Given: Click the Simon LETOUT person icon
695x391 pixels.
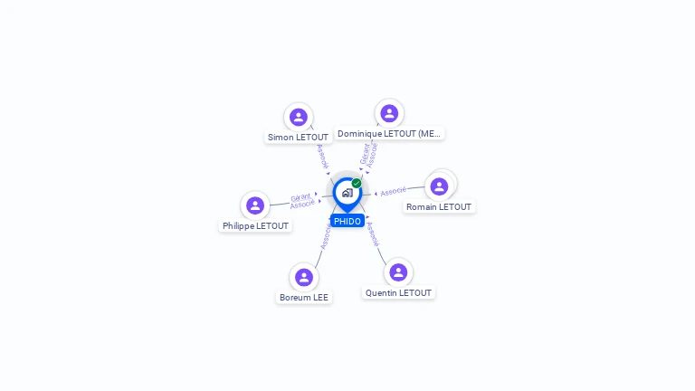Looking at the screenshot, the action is coord(299,117).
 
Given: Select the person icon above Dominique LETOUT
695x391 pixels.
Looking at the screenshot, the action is coord(389,113).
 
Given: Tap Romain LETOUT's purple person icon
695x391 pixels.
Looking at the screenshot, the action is coord(439,186).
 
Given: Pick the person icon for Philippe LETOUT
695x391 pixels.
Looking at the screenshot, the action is coord(255,205).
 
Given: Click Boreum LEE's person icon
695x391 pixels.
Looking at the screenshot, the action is coord(303,277).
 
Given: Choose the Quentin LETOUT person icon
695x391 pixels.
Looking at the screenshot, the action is coord(398,272).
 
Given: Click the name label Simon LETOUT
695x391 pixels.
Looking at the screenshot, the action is coord(299,138).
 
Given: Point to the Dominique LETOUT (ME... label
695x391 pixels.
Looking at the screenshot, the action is coord(389,134).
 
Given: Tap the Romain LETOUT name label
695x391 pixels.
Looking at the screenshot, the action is coord(439,207).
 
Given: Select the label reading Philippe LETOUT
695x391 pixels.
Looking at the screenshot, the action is coord(256,226).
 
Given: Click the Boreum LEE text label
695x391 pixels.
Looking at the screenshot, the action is coord(304,298).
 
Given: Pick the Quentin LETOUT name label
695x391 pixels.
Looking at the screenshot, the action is coord(398,293).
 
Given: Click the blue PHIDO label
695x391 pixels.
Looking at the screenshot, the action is coord(347,221).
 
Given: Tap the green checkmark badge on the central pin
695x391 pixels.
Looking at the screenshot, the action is coord(357,184).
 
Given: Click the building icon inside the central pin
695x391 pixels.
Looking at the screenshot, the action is coord(347,193).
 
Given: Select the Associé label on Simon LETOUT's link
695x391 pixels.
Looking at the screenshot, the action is coord(322,157).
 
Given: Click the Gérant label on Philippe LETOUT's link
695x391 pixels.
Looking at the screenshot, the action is coord(300,196).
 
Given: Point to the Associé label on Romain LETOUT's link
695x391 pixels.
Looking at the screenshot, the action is coord(394,192).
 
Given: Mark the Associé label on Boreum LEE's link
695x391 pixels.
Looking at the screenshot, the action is coord(326,237).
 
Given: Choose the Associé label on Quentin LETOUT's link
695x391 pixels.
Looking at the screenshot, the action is coord(371,234).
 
